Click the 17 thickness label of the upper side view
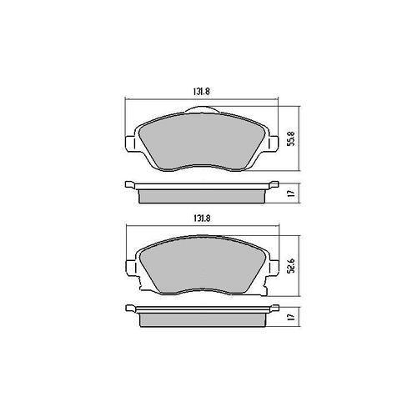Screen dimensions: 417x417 click(x=290, y=193)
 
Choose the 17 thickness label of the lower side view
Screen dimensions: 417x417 click(x=290, y=318)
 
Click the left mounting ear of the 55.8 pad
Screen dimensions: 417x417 click(x=129, y=141)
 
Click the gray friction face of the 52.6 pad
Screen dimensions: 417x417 click(x=199, y=267)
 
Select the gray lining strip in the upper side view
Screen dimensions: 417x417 click(x=199, y=195)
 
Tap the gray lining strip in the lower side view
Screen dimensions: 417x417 click(x=199, y=320)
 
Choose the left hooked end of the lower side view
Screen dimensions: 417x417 click(x=129, y=310)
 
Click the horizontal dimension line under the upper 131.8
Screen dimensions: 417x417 click(x=167, y=102)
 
